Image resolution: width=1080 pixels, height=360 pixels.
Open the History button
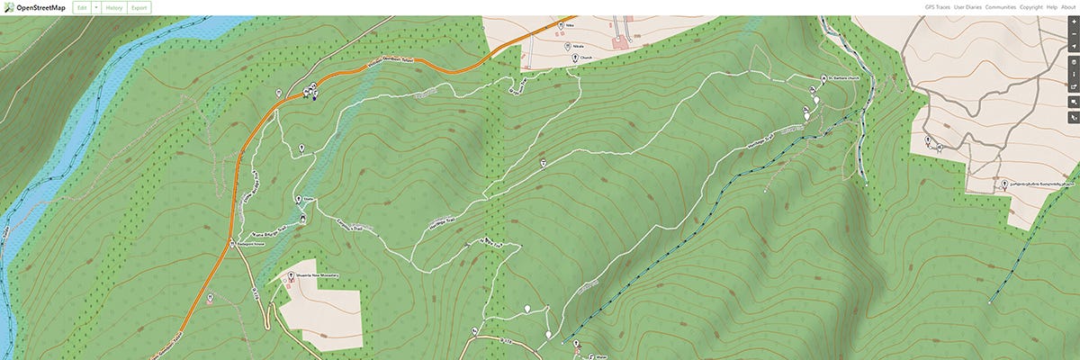tap(114, 7)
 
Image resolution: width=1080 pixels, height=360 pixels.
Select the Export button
tap(139, 7)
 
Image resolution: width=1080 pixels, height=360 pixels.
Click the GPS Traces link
tap(937, 7)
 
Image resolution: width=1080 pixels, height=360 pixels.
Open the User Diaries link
tap(968, 7)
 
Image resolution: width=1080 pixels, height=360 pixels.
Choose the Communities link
tap(1000, 7)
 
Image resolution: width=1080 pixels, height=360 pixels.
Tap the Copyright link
tap(1031, 7)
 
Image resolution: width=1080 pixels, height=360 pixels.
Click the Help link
tap(1052, 7)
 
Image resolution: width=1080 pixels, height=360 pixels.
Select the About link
tap(1068, 7)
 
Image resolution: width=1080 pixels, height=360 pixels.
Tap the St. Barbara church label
tap(844, 78)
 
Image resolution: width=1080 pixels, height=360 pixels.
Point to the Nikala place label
tap(578, 45)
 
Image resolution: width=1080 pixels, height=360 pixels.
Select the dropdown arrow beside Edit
tap(96, 7)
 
